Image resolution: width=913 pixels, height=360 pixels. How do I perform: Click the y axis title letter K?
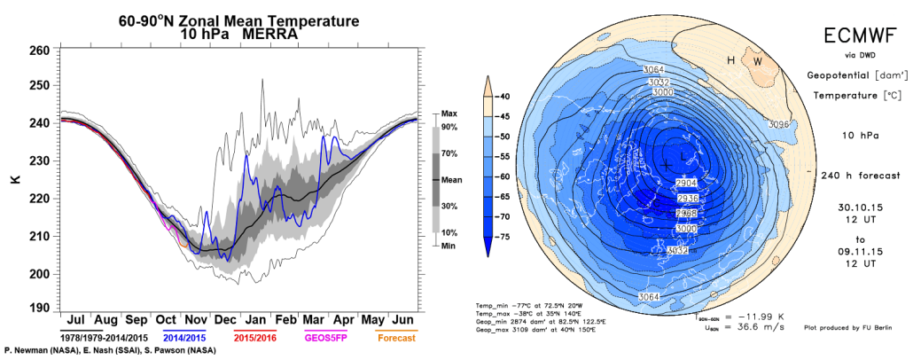[14, 179]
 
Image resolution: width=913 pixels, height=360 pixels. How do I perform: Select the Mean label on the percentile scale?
[452, 179]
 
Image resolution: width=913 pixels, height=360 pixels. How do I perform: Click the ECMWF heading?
[852, 36]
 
